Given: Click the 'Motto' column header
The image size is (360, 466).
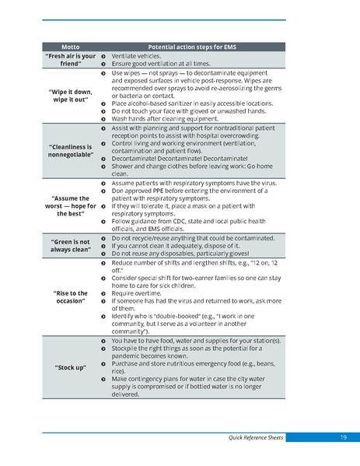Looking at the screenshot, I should [71, 47].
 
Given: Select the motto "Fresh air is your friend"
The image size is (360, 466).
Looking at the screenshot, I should [71, 60].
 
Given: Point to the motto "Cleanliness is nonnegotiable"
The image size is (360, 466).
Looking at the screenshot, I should [71, 150].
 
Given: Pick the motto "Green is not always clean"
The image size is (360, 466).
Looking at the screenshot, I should [71, 245].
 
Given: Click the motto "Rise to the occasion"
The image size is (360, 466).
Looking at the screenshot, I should [71, 297].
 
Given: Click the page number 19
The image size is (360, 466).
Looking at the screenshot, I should [343, 438].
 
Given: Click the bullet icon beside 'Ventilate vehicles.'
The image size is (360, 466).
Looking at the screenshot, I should [103, 56].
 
